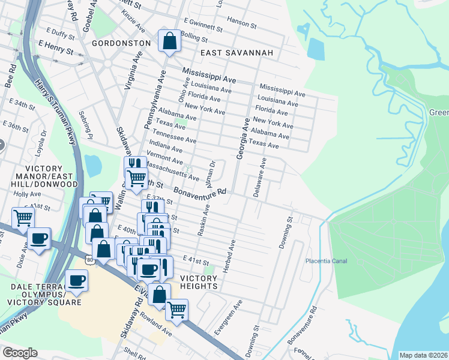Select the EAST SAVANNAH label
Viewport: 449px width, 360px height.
point(237,53)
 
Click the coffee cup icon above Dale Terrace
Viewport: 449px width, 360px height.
point(77,281)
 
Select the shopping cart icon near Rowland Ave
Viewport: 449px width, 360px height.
point(176,310)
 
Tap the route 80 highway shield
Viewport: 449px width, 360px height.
point(89,259)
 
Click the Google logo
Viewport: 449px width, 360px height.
point(20,352)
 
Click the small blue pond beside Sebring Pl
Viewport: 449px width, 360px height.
point(93,163)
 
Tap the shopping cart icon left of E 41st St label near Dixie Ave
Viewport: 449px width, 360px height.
point(23,217)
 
